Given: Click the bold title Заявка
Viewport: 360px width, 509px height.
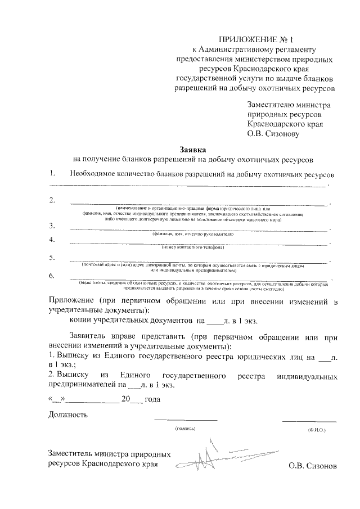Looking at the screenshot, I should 193,150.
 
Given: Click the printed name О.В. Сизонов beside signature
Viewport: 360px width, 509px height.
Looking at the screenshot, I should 313,466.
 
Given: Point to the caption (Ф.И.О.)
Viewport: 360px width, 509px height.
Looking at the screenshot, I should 317,429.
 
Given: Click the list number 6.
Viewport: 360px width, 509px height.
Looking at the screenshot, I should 52,276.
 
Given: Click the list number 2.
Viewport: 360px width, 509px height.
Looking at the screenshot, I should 52,200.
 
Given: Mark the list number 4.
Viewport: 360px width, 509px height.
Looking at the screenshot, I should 52,240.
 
